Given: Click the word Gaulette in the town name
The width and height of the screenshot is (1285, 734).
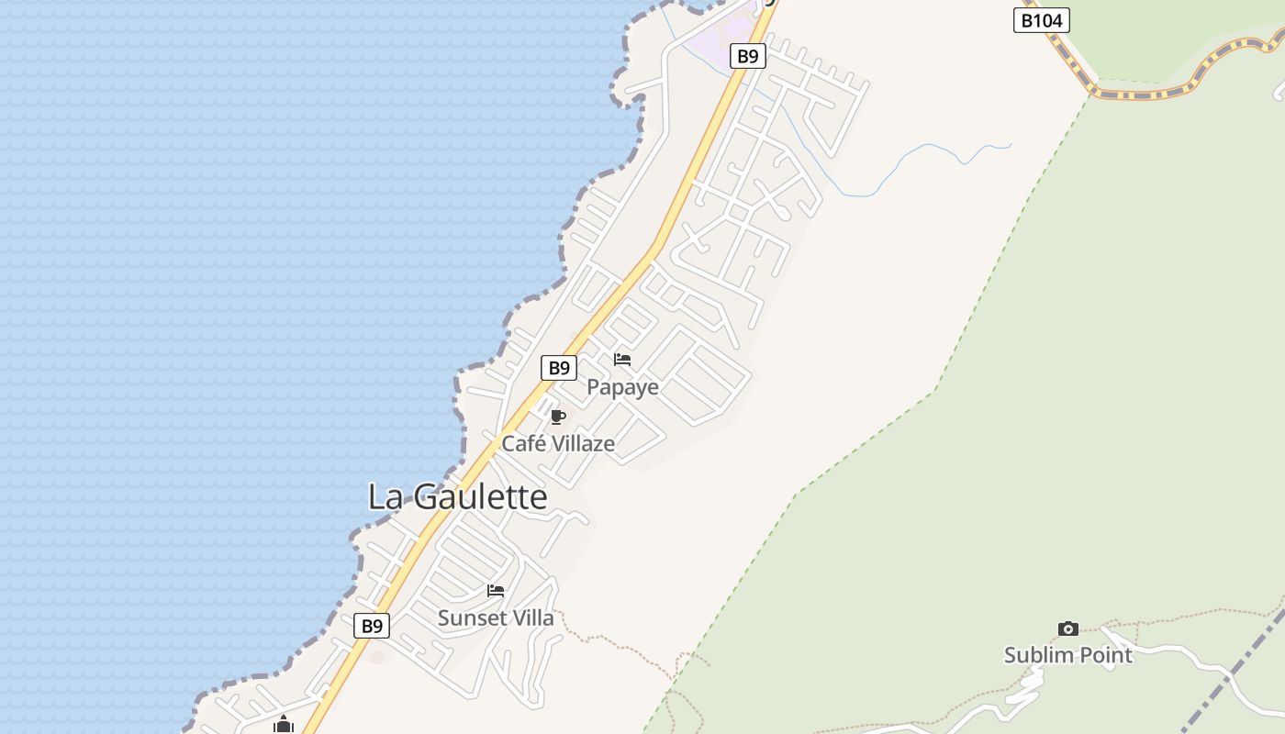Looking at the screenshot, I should coord(480,497).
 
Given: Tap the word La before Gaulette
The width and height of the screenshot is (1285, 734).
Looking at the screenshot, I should coord(385,497).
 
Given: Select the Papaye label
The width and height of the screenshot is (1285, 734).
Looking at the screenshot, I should coord(622,387).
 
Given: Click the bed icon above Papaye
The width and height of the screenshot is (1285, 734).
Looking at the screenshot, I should coord(622,359).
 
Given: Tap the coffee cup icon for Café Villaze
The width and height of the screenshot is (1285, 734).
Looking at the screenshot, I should coord(557,417).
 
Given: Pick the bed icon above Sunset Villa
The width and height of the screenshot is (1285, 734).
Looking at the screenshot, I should coord(496,591).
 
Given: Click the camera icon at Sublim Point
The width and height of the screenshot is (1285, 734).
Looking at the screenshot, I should coord(1067,628).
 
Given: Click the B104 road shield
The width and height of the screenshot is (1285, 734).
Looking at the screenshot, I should coord(1041,19).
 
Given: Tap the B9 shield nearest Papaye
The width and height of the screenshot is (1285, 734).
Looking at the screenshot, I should coord(558,368).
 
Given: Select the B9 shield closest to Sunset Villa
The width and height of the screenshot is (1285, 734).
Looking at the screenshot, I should coord(372,626).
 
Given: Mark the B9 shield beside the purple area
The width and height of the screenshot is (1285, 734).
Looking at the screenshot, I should coord(748,56).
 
